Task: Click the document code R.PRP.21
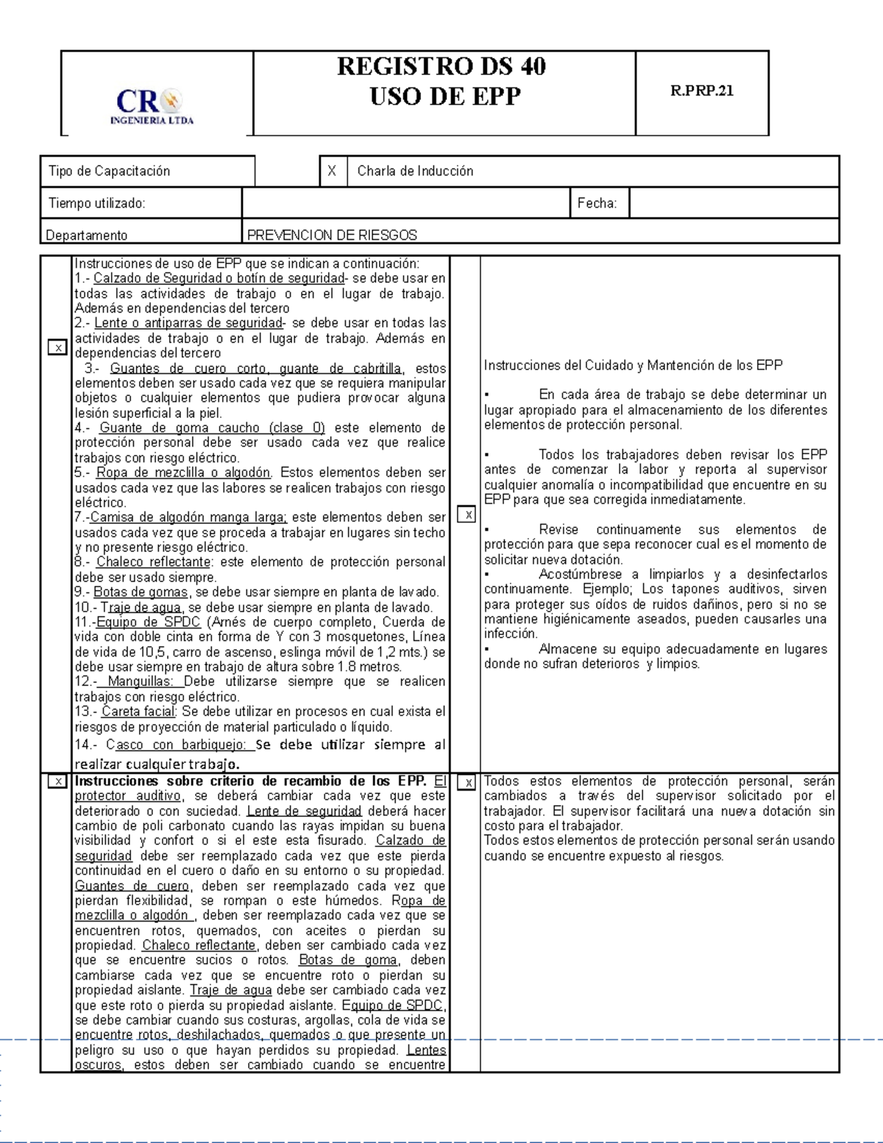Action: click(x=701, y=91)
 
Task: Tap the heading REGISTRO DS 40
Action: click(x=441, y=66)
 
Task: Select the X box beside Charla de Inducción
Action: click(x=332, y=171)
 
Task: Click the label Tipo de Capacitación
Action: click(x=109, y=171)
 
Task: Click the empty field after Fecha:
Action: click(x=734, y=203)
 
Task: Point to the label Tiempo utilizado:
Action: click(x=96, y=203)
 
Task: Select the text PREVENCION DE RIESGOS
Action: click(x=332, y=236)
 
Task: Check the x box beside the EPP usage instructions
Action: click(x=57, y=347)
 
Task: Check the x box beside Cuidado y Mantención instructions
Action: click(x=467, y=515)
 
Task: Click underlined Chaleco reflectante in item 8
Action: click(x=153, y=562)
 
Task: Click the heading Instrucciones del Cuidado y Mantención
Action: click(x=633, y=365)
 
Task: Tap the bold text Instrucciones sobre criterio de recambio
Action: click(x=250, y=782)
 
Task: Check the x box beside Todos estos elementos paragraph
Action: click(x=467, y=783)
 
